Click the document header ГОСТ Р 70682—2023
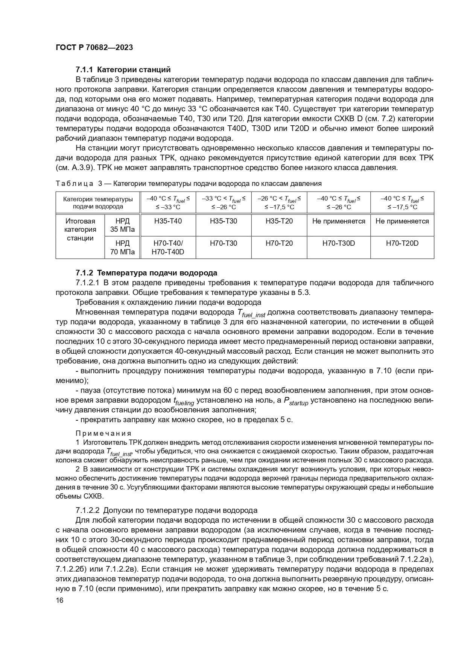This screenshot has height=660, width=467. point(94,48)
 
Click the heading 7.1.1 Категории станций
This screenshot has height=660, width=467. point(123,70)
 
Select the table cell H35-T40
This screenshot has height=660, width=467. point(168,221)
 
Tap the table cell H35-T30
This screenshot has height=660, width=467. point(224,221)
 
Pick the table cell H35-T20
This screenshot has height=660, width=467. point(279,221)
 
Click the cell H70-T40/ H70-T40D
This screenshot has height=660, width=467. point(168,247)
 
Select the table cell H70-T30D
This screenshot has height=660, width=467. point(339,243)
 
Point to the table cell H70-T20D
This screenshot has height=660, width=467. point(402,243)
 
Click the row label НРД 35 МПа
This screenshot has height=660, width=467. point(122,225)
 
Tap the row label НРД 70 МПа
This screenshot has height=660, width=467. point(122,247)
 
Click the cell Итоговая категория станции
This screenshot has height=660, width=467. point(80,230)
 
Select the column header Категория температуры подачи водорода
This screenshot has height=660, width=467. point(98,202)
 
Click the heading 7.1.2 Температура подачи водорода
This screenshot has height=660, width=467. point(146,273)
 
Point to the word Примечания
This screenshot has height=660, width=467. point(103,433)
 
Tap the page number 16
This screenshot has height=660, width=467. point(59,601)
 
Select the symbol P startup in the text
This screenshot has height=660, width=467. point(296,401)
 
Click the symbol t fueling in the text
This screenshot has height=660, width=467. point(184,401)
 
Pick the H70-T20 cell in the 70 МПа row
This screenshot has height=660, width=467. point(279,243)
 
